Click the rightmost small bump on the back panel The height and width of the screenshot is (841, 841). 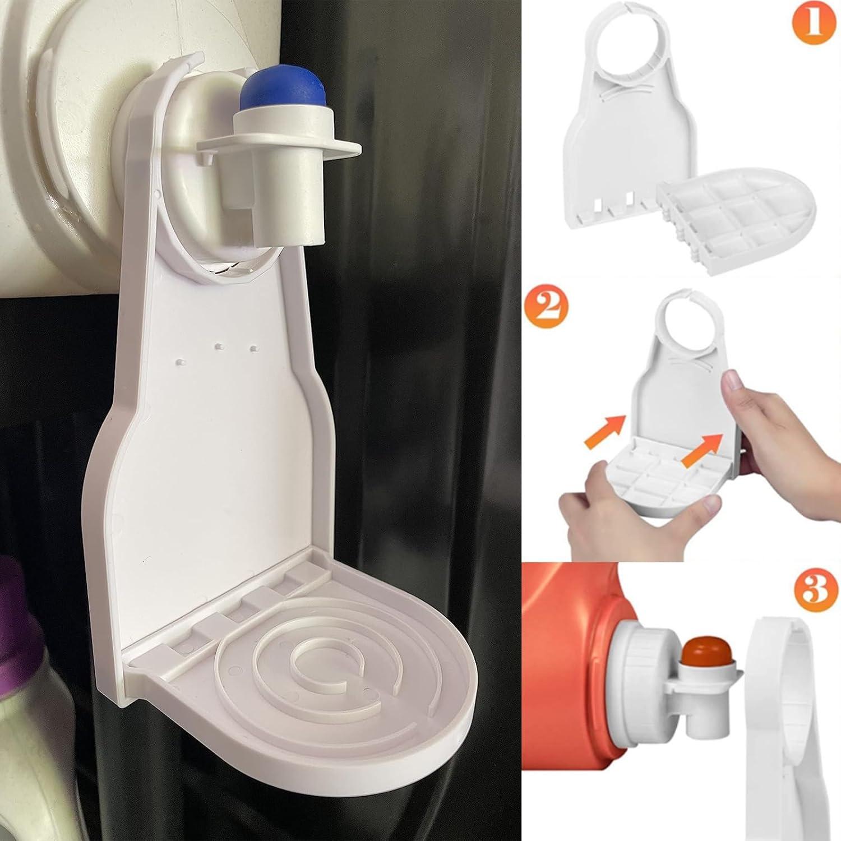click(253, 349)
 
